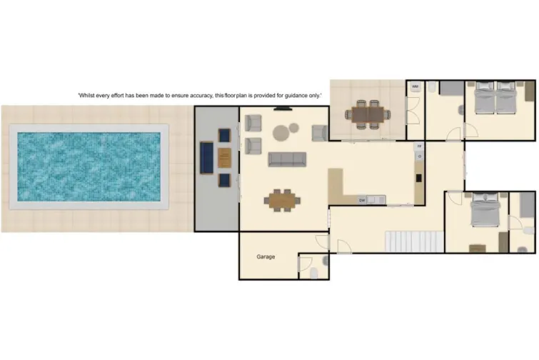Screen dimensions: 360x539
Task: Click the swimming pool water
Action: point(89,166)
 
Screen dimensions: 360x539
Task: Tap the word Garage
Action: point(266,257)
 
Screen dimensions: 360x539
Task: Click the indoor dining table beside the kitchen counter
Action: point(281,199)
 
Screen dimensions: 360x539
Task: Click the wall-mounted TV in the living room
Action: point(283,109)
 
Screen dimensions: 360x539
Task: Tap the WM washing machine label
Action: point(415,87)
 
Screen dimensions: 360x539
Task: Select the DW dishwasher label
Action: point(363,199)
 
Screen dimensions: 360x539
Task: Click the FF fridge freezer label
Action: point(420,146)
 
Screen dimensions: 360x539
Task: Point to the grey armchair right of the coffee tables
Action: point(319,132)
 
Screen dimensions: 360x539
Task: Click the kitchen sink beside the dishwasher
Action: point(378,199)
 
